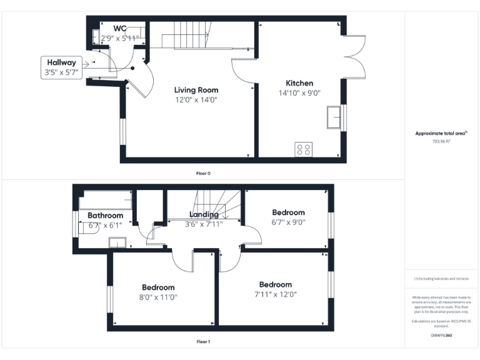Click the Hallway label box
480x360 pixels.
click(x=60, y=67)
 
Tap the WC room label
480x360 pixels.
click(x=120, y=28)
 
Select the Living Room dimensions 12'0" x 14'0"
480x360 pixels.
click(x=196, y=99)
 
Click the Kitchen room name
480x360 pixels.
click(x=299, y=83)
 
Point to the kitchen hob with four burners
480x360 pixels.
click(x=304, y=149)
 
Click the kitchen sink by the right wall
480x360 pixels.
click(x=334, y=117)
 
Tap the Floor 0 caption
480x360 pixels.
click(x=203, y=173)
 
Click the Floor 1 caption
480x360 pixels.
click(x=203, y=342)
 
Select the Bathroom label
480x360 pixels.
click(x=105, y=216)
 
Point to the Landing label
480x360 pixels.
click(x=203, y=214)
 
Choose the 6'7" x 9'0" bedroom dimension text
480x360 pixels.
click(x=288, y=222)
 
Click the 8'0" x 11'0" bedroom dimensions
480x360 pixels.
click(x=157, y=297)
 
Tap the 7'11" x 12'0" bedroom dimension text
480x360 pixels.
click(x=276, y=294)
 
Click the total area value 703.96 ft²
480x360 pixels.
click(x=441, y=141)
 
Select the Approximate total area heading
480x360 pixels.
click(x=441, y=133)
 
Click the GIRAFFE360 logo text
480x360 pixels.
click(x=441, y=336)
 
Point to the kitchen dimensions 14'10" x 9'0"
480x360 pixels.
click(x=299, y=93)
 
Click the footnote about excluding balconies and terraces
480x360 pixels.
click(x=441, y=279)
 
